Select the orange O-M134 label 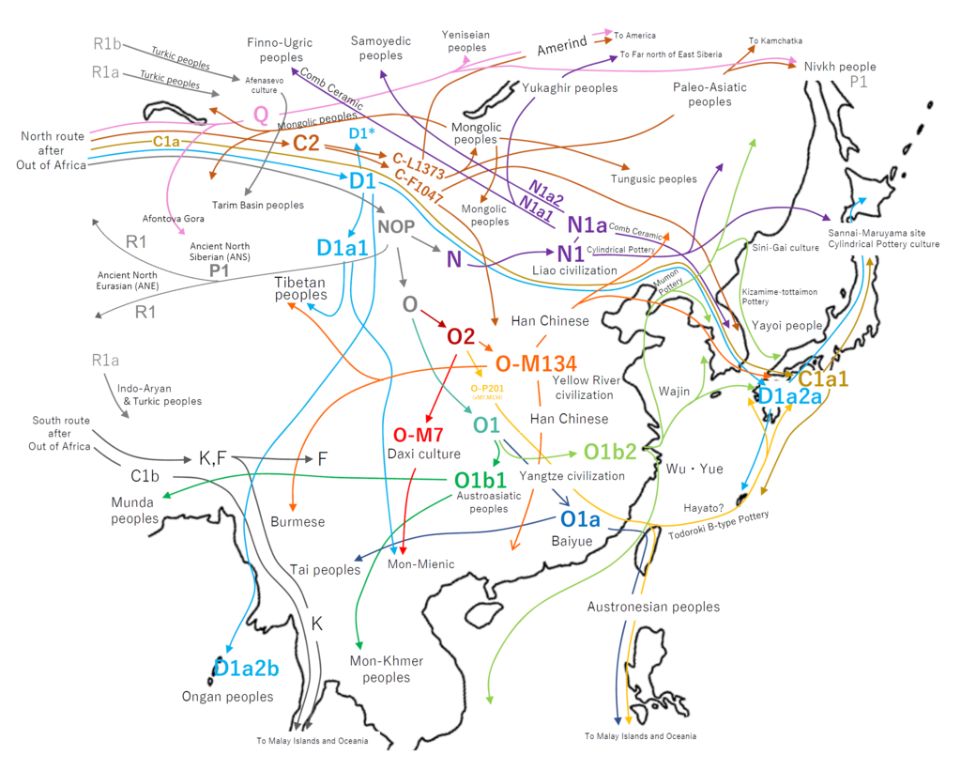click(535, 363)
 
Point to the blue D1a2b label click(246, 669)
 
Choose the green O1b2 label click(611, 452)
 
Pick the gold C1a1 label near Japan click(824, 379)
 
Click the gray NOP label click(396, 226)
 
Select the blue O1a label click(580, 519)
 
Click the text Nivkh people click(840, 67)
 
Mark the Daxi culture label click(424, 454)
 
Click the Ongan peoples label click(228, 697)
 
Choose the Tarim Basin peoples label click(260, 205)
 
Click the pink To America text click(635, 35)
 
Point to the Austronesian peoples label click(653, 607)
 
